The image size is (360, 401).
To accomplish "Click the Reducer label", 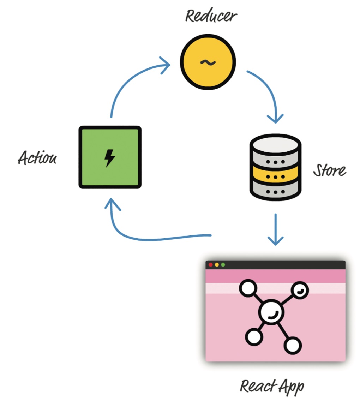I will coord(211,16).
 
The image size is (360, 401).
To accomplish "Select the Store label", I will coord(330,170).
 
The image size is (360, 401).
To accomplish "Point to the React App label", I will coord(272,386).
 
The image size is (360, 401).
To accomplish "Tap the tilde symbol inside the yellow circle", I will coord(208,62).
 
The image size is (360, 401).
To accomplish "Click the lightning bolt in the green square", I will coord(110,157).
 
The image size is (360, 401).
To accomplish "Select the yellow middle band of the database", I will coord(275,176).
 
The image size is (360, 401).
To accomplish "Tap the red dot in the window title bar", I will coord(211,265).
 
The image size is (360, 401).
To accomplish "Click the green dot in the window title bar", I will coord(223,265).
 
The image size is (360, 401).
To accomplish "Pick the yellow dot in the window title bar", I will coord(217,265).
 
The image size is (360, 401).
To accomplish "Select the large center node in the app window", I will coord(271,311).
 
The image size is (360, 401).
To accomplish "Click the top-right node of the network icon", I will coord(300,290).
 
